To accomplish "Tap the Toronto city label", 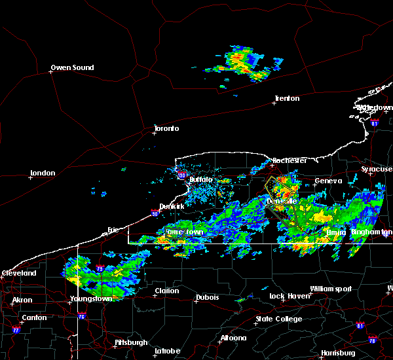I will [x=166, y=128].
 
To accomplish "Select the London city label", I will [x=42, y=173].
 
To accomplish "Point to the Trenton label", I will [x=287, y=99].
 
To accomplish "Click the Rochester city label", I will [x=290, y=160].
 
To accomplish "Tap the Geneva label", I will [x=328, y=181].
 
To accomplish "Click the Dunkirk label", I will [x=171, y=206].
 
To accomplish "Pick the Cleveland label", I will [x=18, y=273].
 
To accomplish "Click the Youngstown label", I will [x=90, y=299].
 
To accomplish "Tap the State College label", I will [x=279, y=319].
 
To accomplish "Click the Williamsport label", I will [x=331, y=289].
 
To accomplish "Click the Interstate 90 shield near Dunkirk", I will [x=154, y=211].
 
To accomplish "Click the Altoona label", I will [x=233, y=338].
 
